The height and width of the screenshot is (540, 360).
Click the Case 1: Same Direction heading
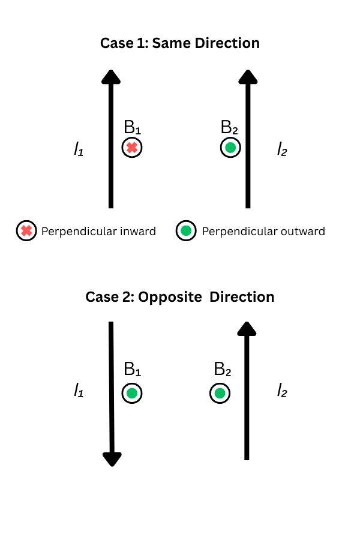(x=179, y=43)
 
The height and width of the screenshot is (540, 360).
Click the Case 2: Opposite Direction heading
(x=179, y=297)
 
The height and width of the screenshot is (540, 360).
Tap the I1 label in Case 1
(x=78, y=149)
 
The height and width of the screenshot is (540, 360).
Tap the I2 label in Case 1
(x=282, y=149)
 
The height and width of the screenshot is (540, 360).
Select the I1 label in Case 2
(x=78, y=392)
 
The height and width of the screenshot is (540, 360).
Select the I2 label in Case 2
(x=282, y=392)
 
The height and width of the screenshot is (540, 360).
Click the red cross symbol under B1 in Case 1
(x=132, y=148)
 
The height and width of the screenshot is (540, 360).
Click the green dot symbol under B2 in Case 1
(x=230, y=148)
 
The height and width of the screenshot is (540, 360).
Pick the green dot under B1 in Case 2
(x=132, y=394)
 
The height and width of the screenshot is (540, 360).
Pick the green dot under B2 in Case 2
(x=220, y=394)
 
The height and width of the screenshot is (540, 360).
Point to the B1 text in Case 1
(x=133, y=128)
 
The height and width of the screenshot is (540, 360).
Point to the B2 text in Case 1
(x=230, y=128)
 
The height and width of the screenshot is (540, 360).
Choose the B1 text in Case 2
(x=133, y=369)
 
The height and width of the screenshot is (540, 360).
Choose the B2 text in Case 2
(x=223, y=369)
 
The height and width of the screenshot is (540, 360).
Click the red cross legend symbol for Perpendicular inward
(x=26, y=231)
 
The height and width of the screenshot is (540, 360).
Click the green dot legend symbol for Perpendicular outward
(x=186, y=231)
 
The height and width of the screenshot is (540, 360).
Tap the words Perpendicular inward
(x=98, y=232)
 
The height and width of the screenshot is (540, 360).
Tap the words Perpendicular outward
(x=263, y=232)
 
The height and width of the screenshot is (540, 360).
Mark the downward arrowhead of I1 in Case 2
(x=112, y=459)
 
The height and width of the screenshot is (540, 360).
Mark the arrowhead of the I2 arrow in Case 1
(x=248, y=77)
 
